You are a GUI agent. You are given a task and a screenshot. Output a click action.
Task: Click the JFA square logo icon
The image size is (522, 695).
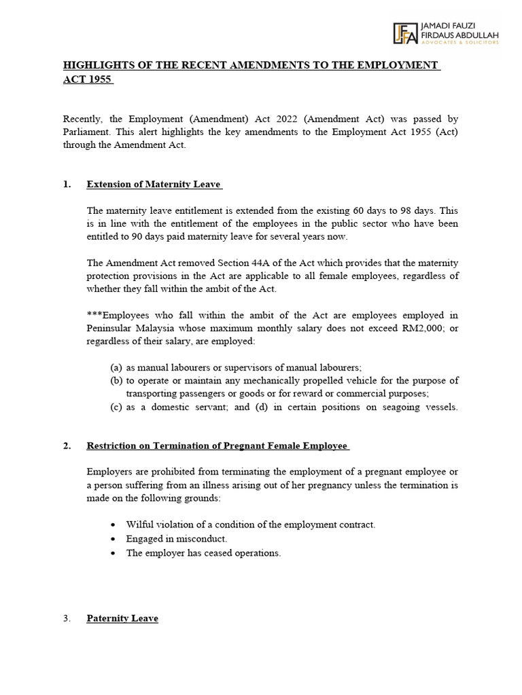[x=406, y=33]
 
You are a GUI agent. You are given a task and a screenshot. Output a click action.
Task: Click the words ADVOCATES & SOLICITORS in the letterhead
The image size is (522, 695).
[x=461, y=42]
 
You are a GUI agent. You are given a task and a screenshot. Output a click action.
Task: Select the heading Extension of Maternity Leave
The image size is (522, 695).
[x=154, y=185]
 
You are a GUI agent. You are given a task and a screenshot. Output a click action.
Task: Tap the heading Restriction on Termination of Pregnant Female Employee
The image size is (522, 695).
[x=217, y=446]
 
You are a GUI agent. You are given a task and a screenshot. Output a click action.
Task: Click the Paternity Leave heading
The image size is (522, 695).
[x=122, y=618]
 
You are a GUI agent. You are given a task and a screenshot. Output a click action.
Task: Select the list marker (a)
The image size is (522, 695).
[x=116, y=367]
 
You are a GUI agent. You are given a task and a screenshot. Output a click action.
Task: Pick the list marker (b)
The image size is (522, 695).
[x=116, y=380]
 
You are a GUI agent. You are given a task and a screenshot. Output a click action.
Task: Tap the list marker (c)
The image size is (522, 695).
[x=116, y=407]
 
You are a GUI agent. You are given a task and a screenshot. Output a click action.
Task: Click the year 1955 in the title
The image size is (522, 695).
[x=98, y=79]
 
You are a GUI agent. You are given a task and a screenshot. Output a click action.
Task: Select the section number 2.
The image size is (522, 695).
[x=67, y=446]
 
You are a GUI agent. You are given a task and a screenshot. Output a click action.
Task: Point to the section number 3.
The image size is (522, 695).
[x=67, y=618]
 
